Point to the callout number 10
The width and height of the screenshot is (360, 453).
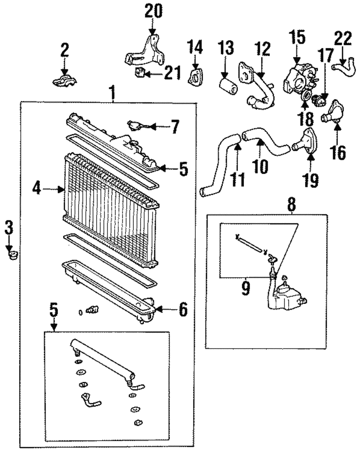[x=260, y=166]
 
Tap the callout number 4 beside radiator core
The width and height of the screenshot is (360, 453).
[x=37, y=188]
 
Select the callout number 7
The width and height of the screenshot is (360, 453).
[x=174, y=126]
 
